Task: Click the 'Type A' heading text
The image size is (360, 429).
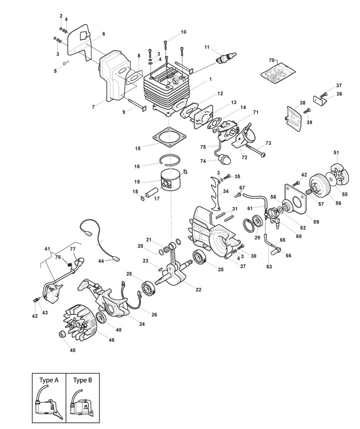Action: (49, 380)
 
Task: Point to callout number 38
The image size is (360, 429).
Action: (303, 103)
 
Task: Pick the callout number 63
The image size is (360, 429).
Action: (269, 265)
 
